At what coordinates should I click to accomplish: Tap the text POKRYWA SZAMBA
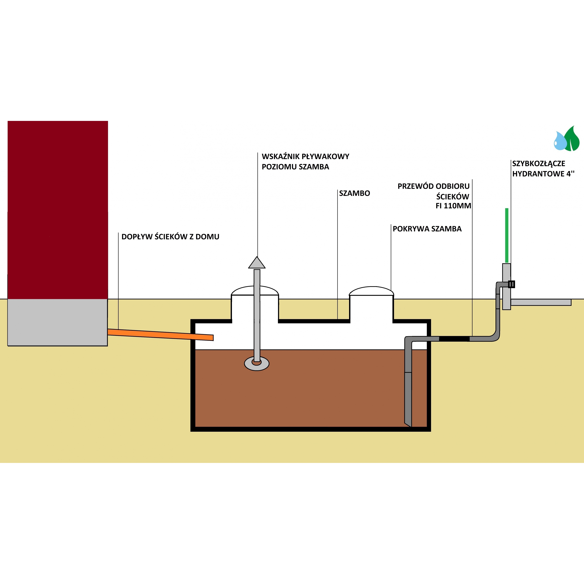427,229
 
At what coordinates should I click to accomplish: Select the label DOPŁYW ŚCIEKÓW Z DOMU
170,237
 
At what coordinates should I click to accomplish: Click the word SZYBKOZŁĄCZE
538,164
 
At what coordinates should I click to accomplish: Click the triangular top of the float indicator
257,263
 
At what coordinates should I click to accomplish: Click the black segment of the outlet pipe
454,339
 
